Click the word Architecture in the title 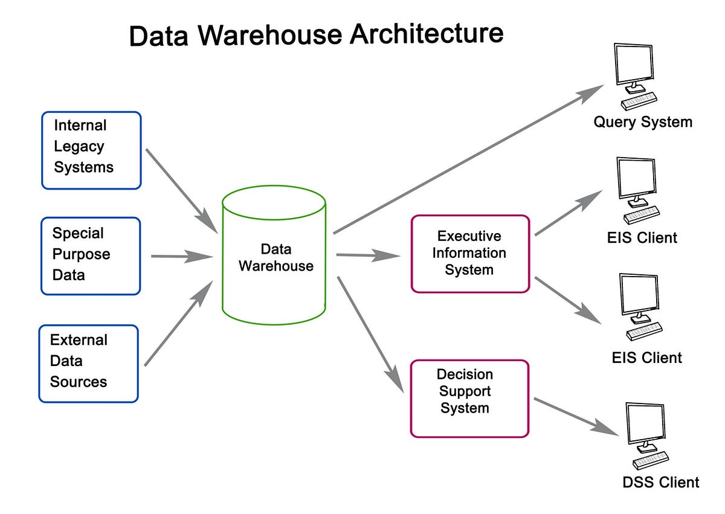coord(427,34)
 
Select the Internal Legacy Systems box coord(91,150)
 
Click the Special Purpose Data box coord(91,256)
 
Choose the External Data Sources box coord(89,364)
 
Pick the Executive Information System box coord(470,254)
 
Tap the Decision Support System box coord(469,399)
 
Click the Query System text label coord(642,122)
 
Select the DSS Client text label coord(660,482)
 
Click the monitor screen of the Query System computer coord(633,62)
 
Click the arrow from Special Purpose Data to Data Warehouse coord(181,257)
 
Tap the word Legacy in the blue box coord(79,147)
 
